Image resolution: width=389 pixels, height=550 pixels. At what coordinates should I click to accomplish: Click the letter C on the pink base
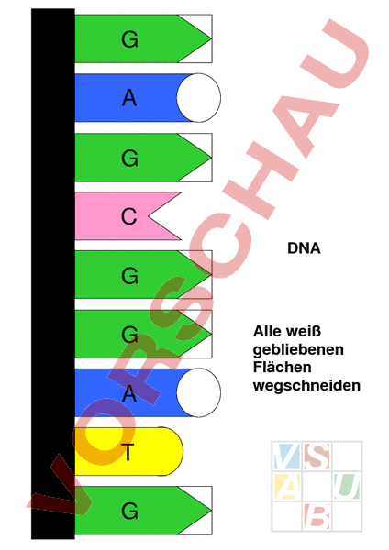[128, 216]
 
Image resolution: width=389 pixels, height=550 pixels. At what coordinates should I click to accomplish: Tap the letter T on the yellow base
[129, 452]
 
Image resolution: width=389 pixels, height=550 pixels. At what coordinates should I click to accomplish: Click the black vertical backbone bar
[53, 273]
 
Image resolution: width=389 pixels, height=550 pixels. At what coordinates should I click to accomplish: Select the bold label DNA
[304, 248]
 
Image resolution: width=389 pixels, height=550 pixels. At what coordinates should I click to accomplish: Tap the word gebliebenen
[298, 350]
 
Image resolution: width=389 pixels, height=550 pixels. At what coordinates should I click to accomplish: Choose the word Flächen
[283, 368]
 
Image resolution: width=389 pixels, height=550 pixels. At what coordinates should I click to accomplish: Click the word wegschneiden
[306, 386]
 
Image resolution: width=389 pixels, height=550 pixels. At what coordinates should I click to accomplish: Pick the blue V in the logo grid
[286, 456]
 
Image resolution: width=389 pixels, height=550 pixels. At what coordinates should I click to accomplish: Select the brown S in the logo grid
[317, 456]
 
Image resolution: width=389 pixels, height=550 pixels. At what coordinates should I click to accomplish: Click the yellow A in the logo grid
[286, 486]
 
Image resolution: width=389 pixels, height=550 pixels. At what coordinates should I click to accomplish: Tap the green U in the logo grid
[347, 486]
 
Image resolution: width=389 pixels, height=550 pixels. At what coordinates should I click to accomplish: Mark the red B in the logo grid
[317, 516]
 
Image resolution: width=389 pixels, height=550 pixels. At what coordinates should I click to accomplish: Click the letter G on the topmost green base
[129, 39]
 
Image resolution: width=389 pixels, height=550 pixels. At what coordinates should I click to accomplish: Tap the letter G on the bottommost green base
[129, 511]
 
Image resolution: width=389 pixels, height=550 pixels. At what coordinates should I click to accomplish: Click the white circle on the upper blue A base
[199, 98]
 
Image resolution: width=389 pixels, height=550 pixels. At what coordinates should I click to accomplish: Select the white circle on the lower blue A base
[199, 392]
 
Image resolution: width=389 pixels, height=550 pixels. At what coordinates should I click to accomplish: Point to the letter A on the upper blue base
[129, 98]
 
